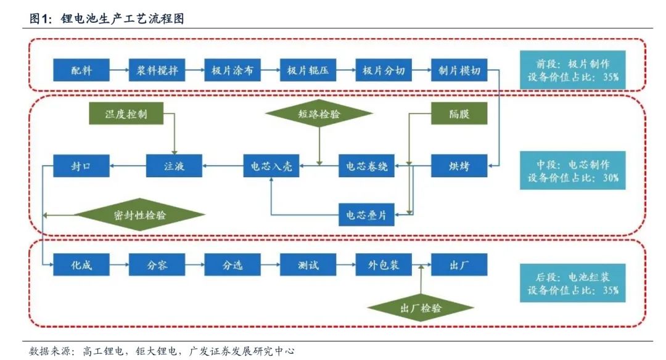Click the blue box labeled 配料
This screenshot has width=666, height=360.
coord(81,70)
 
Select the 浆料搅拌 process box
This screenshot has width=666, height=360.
coord(157,70)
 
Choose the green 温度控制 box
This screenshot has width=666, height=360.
coord(126,115)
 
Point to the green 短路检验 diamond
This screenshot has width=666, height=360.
coord(320,114)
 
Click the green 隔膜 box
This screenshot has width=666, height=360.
coord(458,115)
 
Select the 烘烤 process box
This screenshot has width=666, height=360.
coord(458,166)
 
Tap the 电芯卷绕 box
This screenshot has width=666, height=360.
coord(367,166)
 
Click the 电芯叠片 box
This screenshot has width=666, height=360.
coord(367,215)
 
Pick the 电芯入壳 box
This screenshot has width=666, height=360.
coord(271,166)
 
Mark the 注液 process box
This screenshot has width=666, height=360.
coord(175,166)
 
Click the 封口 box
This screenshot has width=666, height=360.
coord(81,166)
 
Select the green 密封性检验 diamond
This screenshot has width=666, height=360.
coord(139,215)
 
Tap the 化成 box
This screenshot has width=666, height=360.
coord(81,265)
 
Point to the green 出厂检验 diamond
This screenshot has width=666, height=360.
coord(421,308)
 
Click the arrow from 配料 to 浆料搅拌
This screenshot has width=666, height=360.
coord(118,70)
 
